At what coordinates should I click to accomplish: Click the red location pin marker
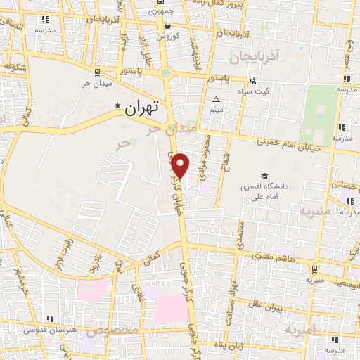181,165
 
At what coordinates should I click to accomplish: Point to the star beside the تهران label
118,107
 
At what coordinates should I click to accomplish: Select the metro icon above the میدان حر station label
96,72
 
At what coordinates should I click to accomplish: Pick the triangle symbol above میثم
216,99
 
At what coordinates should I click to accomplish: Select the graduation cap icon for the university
264,176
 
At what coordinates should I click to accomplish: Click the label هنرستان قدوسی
48,329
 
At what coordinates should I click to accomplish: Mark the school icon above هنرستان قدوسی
49,319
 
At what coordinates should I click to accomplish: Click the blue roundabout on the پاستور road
166,73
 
